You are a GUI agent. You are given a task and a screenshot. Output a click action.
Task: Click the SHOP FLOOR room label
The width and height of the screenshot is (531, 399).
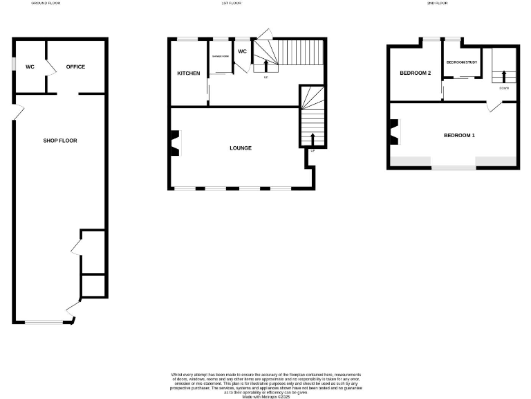(60, 141)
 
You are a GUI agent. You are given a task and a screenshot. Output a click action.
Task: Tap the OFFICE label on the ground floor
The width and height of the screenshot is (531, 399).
(75, 67)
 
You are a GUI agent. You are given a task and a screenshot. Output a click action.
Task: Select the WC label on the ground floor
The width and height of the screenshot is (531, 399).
(30, 67)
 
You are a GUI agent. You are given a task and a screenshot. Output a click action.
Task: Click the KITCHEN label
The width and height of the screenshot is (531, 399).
(189, 73)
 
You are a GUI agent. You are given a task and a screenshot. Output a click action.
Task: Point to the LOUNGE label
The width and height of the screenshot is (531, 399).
(241, 148)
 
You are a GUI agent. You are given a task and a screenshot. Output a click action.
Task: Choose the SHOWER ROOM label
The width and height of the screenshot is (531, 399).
(221, 56)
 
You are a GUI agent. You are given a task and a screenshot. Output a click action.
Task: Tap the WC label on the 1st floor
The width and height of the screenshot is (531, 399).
(243, 51)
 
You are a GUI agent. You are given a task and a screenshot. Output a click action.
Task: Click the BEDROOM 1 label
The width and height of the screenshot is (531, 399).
(459, 135)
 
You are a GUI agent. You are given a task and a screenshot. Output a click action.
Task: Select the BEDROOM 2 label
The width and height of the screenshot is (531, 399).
(416, 73)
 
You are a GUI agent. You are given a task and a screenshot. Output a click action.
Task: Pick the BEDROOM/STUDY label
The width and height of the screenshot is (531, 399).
(462, 63)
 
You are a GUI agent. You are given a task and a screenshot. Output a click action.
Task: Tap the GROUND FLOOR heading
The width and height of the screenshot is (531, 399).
(46, 3)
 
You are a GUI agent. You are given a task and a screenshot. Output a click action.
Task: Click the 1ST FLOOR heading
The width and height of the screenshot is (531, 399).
(231, 3)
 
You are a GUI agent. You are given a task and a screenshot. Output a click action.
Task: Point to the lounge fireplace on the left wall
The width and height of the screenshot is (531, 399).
(175, 143)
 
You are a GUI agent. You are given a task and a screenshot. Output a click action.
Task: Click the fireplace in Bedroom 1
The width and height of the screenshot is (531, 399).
(394, 132)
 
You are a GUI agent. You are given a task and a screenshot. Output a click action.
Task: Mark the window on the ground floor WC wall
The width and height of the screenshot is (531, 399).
(13, 63)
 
